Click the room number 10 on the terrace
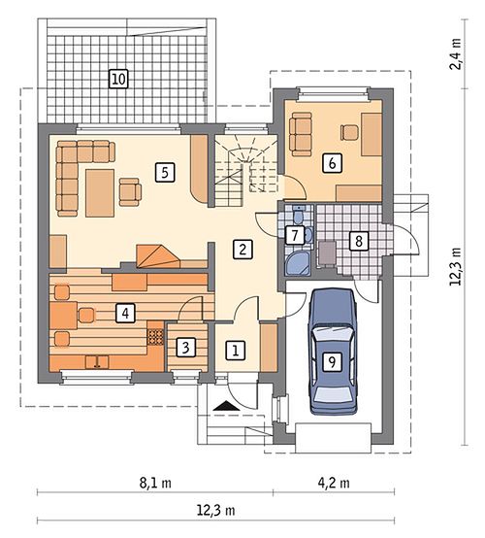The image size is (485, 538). pyautogui.click(x=118, y=79)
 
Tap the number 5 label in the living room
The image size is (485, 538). pyautogui.click(x=165, y=172)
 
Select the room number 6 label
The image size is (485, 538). pyautogui.click(x=332, y=162)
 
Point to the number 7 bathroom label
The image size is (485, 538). pyautogui.click(x=295, y=235)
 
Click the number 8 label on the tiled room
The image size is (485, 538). pyautogui.click(x=359, y=241)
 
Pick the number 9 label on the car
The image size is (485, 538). pyautogui.click(x=332, y=361)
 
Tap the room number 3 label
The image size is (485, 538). pyautogui.click(x=186, y=348)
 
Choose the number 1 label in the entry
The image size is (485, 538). pyautogui.click(x=235, y=351)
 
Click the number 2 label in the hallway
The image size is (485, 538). pyautogui.click(x=242, y=250)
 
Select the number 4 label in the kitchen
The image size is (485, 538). pyautogui.click(x=126, y=314)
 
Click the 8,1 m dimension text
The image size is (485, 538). pyautogui.click(x=155, y=483)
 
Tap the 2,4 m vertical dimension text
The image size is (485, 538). pyautogui.click(x=456, y=54)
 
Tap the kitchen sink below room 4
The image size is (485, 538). pyautogui.click(x=97, y=362)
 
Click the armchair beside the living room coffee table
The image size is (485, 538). pyautogui.click(x=130, y=192)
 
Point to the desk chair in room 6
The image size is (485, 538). pyautogui.click(x=349, y=132)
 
